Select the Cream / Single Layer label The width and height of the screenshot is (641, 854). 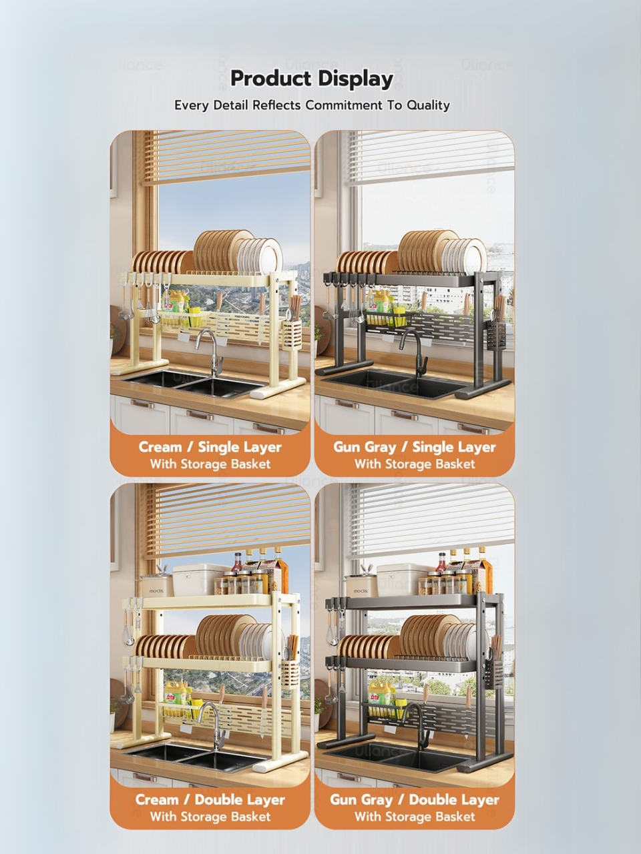[x=210, y=447]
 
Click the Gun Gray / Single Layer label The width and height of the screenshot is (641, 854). [x=415, y=447]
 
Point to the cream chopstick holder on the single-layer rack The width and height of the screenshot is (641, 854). [x=292, y=336]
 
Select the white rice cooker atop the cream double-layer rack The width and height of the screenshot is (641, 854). [x=194, y=580]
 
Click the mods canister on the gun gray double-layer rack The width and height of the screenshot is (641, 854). [x=361, y=586]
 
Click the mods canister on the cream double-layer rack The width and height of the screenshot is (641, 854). [x=157, y=586]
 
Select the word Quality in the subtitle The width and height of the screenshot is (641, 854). [x=428, y=105]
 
